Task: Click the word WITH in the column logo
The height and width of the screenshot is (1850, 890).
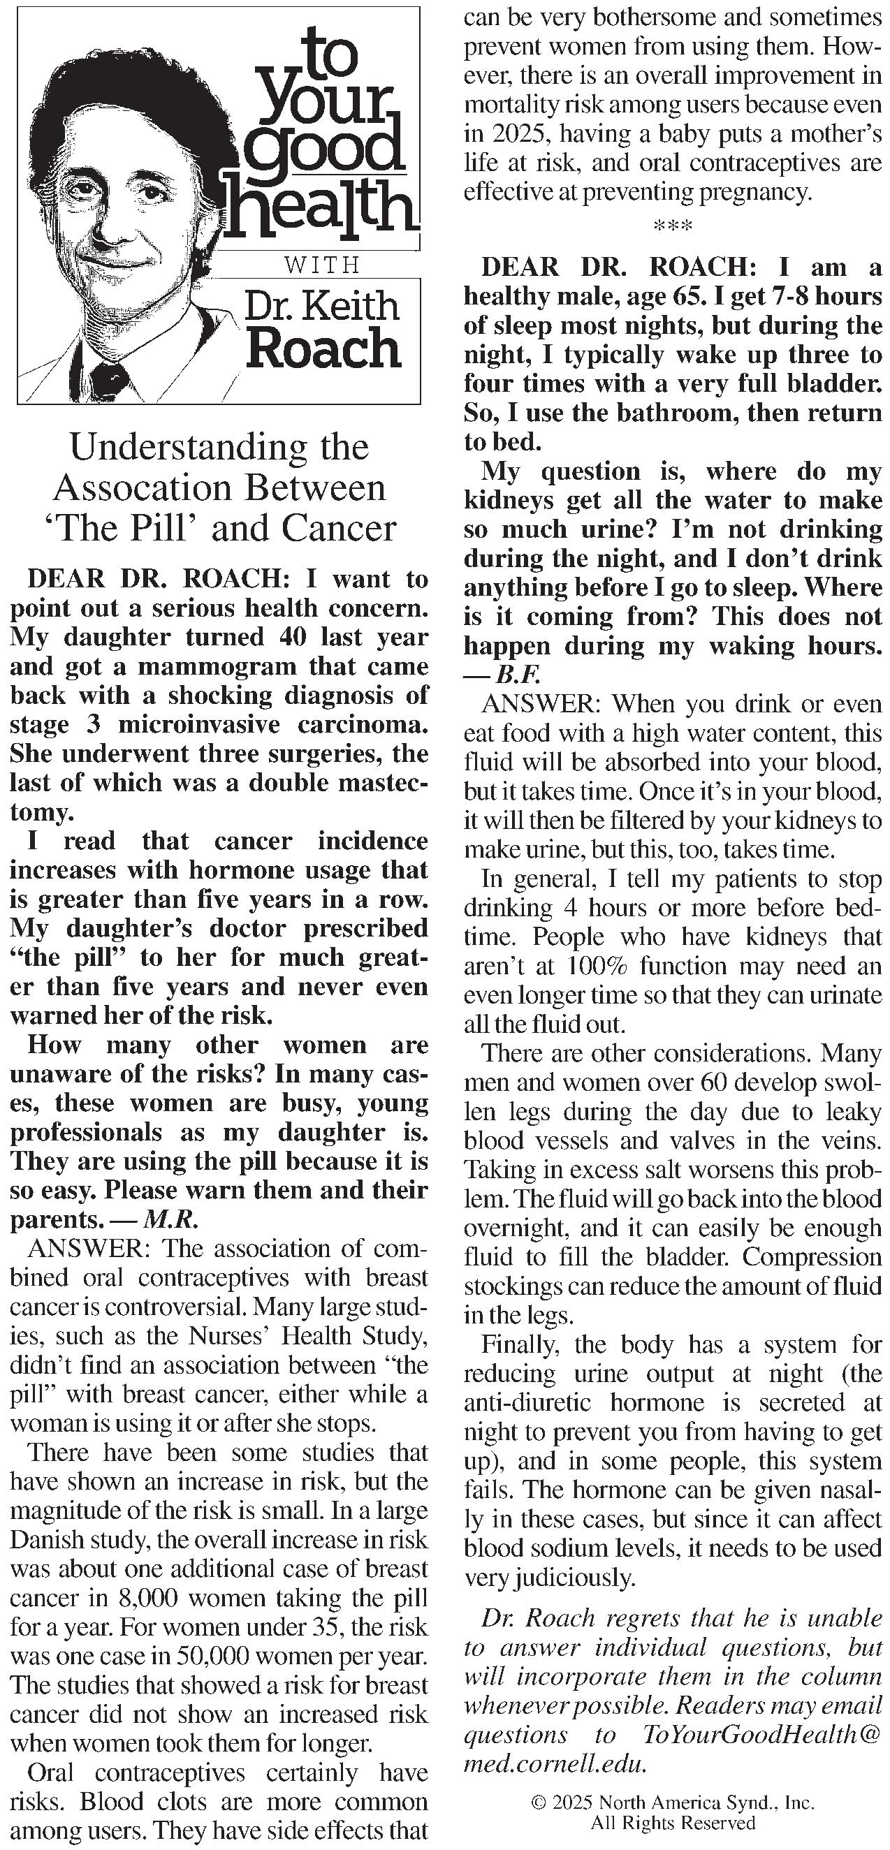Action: [x=321, y=265]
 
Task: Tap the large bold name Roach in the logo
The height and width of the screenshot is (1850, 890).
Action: [x=323, y=350]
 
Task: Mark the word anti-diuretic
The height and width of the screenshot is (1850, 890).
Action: [x=527, y=1402]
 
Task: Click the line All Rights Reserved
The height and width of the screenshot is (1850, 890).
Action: [x=672, y=1822]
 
